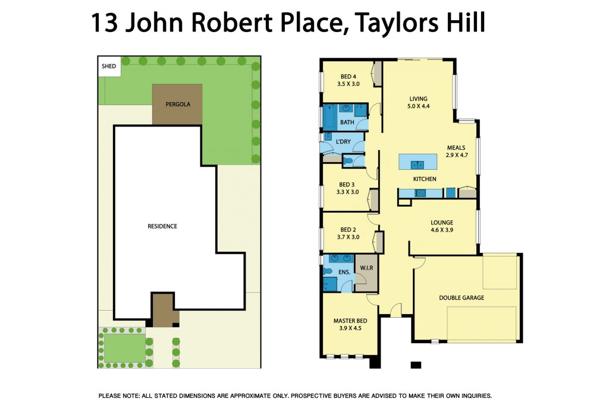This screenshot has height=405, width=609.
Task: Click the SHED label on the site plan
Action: [109, 67]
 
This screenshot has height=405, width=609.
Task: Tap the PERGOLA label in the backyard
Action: [177, 104]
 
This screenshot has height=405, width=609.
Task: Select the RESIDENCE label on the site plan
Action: [162, 226]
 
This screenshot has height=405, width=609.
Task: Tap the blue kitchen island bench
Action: [418, 162]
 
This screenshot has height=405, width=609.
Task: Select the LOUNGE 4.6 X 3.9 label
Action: [442, 226]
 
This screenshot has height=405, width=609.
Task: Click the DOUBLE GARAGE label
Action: [462, 298]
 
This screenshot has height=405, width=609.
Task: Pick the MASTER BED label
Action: [349, 324]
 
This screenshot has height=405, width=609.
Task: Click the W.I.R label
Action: [366, 268]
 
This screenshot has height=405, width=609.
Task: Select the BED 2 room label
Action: [349, 233]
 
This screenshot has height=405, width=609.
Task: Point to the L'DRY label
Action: [343, 142]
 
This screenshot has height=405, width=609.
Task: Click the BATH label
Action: [347, 122]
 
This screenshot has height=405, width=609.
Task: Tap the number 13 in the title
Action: [103, 23]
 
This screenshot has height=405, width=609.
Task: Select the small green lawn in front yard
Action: [123, 347]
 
